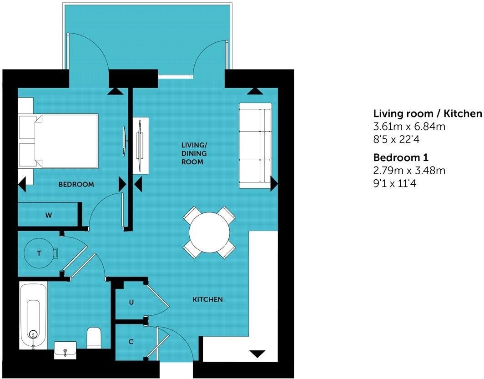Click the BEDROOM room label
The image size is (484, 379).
point(76,185)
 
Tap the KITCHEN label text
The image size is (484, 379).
point(208,299)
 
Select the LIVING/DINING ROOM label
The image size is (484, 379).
point(192,153)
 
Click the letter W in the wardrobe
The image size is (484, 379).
point(48,215)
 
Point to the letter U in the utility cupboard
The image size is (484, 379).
point(131,302)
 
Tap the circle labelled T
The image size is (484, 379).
point(39,253)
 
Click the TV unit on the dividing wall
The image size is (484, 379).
point(141,145)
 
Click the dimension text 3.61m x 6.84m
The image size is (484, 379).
point(409,126)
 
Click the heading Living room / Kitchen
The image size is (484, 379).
point(427,113)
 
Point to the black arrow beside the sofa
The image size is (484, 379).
point(274,184)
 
